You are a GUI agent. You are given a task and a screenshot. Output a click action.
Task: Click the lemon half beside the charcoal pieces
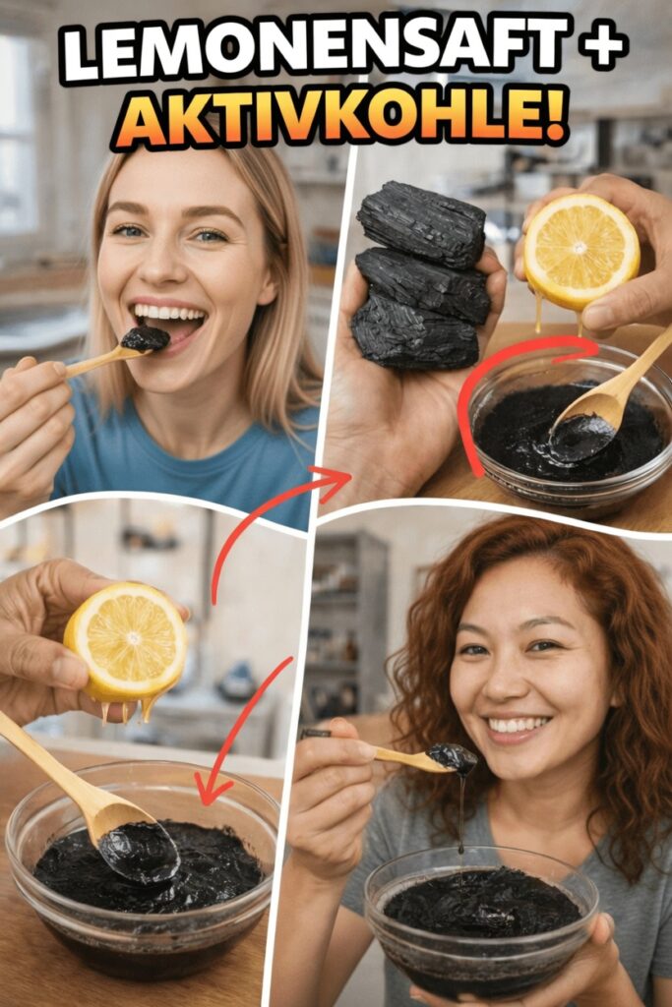pos(580,251)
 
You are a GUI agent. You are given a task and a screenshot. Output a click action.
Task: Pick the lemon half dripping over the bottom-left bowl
pos(126,642)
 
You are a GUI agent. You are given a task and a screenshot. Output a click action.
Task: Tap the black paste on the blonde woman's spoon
pos(146,338)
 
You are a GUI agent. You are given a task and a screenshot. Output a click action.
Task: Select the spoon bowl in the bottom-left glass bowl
pos(139,852)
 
